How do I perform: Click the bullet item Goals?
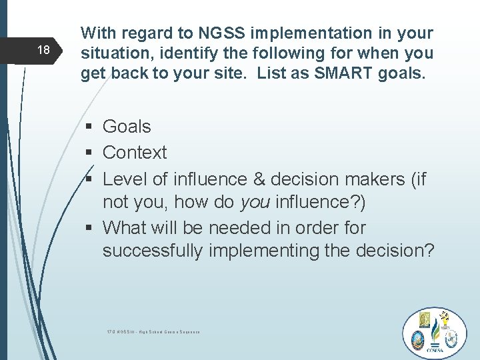click(x=127, y=126)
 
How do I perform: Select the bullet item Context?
click(x=135, y=153)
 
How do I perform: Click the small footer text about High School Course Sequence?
click(x=153, y=331)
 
